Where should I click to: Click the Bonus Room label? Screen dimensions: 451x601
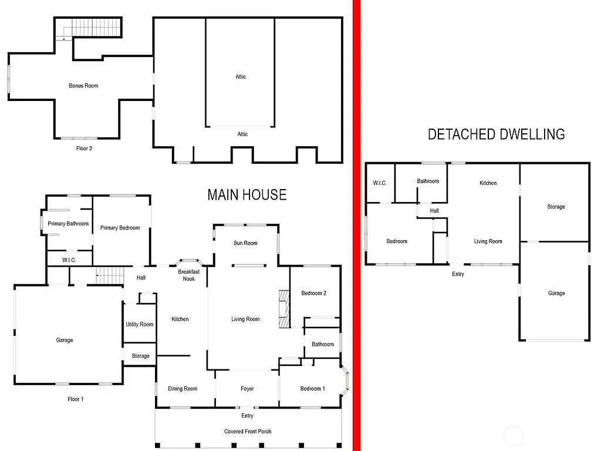(x=83, y=86)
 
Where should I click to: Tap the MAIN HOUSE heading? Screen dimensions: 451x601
(x=247, y=195)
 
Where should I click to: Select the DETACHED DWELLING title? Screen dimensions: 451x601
(x=496, y=134)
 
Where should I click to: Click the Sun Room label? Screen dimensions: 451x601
(x=245, y=243)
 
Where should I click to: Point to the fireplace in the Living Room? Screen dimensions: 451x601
(x=284, y=308)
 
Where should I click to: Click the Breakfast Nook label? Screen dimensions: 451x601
(x=189, y=275)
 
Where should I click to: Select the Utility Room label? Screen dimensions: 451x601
(x=140, y=324)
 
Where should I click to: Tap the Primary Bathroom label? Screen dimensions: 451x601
(x=68, y=224)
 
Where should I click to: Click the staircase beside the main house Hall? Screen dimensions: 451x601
(x=108, y=275)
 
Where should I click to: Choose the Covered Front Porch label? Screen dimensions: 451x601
(x=248, y=432)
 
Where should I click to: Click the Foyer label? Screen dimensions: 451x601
(x=247, y=389)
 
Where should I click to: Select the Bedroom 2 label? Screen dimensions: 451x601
(x=313, y=293)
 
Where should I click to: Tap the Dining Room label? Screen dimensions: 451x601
(x=183, y=389)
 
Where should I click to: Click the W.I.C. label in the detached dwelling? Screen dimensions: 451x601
(x=380, y=183)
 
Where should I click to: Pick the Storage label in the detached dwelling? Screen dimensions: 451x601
(x=556, y=207)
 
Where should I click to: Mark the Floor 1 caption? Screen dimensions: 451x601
(x=76, y=399)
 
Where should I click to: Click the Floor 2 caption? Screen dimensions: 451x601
(x=84, y=149)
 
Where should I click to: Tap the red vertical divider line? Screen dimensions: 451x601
(x=356, y=225)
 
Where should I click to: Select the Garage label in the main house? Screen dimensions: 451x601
(x=65, y=341)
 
